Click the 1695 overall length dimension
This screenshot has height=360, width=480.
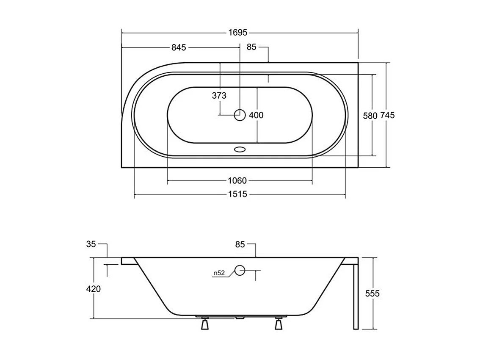click(x=238, y=33)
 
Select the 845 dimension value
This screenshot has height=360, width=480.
click(x=179, y=47)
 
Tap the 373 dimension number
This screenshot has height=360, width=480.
click(x=219, y=96)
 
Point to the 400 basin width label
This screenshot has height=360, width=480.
click(x=256, y=115)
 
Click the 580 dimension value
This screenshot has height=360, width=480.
click(x=370, y=116)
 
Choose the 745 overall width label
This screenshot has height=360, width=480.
click(x=388, y=116)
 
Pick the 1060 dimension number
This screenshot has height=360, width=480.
click(x=237, y=181)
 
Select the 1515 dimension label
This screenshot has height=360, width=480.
click(x=237, y=194)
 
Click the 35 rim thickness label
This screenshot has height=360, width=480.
click(x=91, y=244)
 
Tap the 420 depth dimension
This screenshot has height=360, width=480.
click(x=94, y=289)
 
